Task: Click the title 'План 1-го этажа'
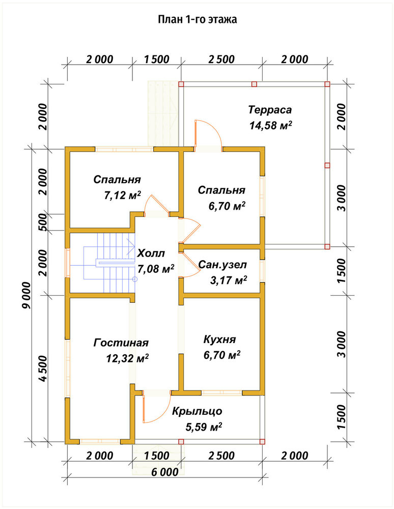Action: [x=198, y=19]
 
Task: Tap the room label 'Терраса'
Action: [x=270, y=110]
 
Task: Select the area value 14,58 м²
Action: [x=270, y=125]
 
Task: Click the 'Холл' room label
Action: [x=151, y=253]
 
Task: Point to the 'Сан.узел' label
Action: [x=222, y=265]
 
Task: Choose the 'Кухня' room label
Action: [x=220, y=340]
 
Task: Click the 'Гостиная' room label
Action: [x=121, y=343]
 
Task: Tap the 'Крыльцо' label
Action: [x=197, y=411]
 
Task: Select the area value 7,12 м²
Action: [x=122, y=195]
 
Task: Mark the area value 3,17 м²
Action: [x=229, y=280]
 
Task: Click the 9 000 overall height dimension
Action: [x=27, y=295]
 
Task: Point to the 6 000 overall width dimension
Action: [x=165, y=472]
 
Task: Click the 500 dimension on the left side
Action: [x=43, y=222]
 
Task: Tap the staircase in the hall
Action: [x=109, y=263]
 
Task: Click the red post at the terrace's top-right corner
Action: [x=327, y=84]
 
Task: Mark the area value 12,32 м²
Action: [x=128, y=358]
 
